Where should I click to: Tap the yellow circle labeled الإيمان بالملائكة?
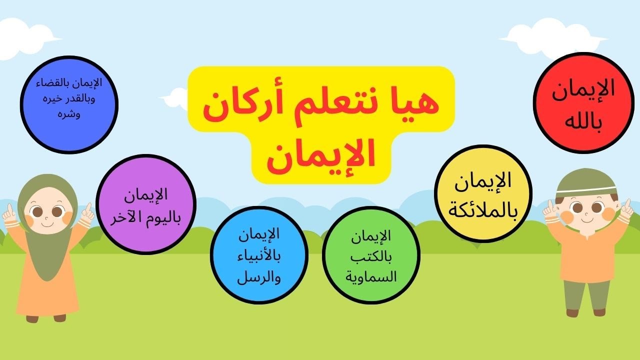point(483,193)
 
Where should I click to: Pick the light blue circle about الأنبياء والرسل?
point(259,255)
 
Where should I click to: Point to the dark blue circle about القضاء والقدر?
point(69,103)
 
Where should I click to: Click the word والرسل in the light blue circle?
point(259,277)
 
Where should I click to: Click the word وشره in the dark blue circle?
point(69,114)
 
